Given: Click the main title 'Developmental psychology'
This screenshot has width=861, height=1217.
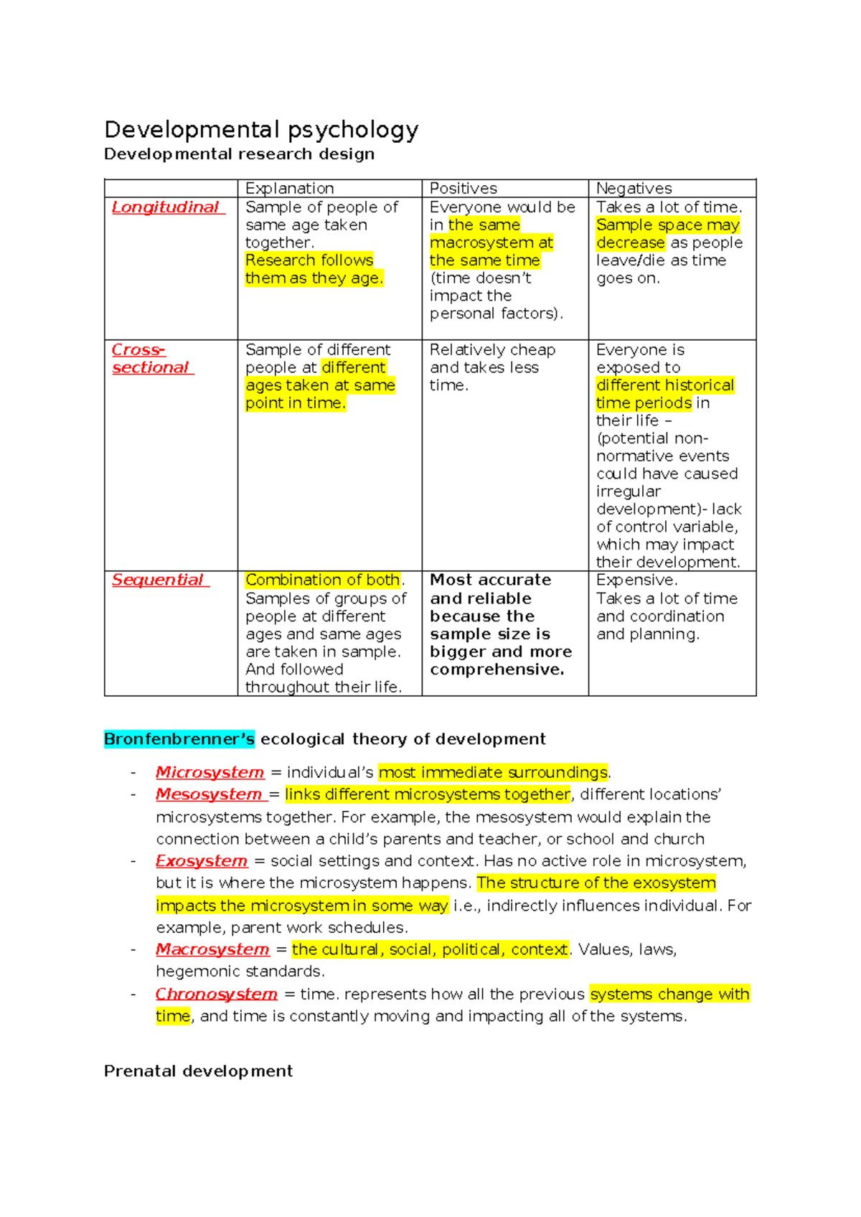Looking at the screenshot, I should click(261, 130).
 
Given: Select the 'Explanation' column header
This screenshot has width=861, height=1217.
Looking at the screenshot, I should click(289, 188).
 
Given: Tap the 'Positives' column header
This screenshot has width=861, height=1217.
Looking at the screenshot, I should click(463, 188).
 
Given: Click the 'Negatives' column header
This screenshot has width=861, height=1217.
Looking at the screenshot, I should click(634, 188).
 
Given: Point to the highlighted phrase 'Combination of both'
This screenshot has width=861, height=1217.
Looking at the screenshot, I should click(323, 580).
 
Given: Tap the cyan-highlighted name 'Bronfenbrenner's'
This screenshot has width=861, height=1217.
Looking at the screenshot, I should click(179, 739).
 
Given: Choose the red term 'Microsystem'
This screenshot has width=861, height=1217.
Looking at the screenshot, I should click(210, 772).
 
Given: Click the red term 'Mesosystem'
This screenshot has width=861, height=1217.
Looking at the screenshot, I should click(209, 794).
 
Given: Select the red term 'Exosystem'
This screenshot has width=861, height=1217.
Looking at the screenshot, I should click(201, 860).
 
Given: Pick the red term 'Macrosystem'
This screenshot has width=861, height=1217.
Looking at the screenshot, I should click(212, 949).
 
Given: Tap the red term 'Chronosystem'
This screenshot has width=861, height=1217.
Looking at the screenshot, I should click(216, 994).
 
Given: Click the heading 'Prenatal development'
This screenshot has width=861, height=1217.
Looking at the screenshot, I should click(198, 1071).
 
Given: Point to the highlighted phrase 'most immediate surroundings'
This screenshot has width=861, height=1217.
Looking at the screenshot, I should click(493, 772).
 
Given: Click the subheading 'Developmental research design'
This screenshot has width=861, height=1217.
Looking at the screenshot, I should click(239, 154).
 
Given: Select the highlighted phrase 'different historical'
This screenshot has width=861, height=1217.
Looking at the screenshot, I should click(664, 385).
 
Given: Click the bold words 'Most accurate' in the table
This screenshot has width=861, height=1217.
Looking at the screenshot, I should click(490, 580).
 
